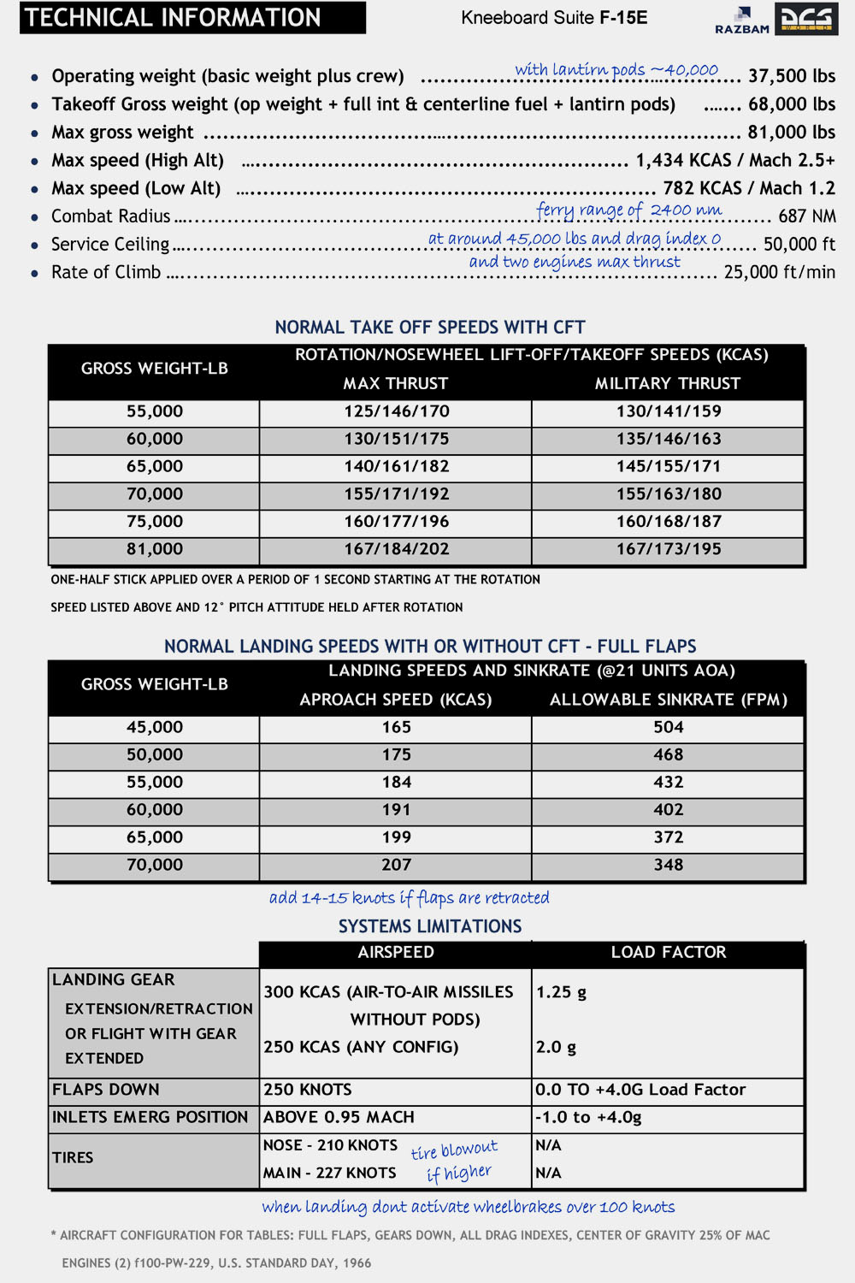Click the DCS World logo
coord(806,19)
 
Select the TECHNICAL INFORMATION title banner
coord(192,18)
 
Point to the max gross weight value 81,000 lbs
coord(791,133)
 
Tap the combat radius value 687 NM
coord(806,216)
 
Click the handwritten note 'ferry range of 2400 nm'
coord(628,210)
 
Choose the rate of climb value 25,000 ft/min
coord(779,272)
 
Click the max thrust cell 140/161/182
coord(396,467)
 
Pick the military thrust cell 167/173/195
coord(669,549)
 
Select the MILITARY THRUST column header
coord(668,383)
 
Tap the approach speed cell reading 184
coord(396,783)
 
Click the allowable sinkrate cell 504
coord(669,727)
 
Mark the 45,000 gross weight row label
coord(155,727)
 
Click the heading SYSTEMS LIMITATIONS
coord(430,926)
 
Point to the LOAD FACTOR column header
coord(669,953)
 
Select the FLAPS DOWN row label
coord(106,1090)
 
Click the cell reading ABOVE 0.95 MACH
coord(339,1117)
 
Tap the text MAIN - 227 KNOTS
coord(330,1173)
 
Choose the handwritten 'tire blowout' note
coord(455,1150)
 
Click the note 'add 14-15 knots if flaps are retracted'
coord(410,898)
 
